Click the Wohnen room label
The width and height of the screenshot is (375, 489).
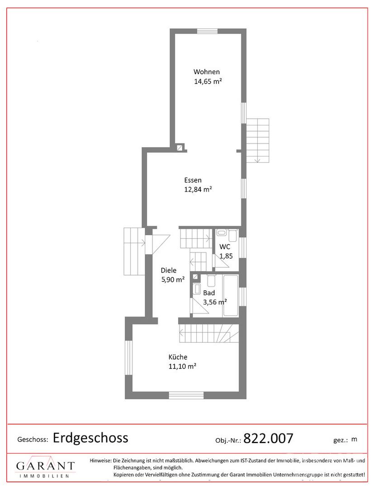[207, 72]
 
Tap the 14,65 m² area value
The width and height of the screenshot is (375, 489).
[208, 81]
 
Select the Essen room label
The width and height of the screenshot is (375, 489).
[193, 180]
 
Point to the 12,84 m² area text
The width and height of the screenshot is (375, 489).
[198, 189]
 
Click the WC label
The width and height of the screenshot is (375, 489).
[225, 247]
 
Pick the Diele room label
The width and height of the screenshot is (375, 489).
[168, 270]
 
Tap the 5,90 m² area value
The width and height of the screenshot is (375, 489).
[173, 279]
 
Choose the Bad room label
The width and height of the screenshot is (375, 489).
[209, 293]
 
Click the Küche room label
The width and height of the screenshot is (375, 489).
[178, 357]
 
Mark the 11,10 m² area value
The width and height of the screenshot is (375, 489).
[182, 366]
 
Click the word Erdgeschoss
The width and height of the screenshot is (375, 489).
[90, 438]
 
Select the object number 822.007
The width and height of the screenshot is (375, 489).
[268, 438]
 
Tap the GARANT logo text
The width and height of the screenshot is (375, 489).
[46, 466]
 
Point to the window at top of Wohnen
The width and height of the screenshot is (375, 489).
[207, 31]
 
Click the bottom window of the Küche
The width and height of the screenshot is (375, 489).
[186, 395]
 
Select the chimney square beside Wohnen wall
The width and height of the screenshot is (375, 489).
[180, 148]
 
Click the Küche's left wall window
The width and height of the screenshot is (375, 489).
[128, 358]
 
